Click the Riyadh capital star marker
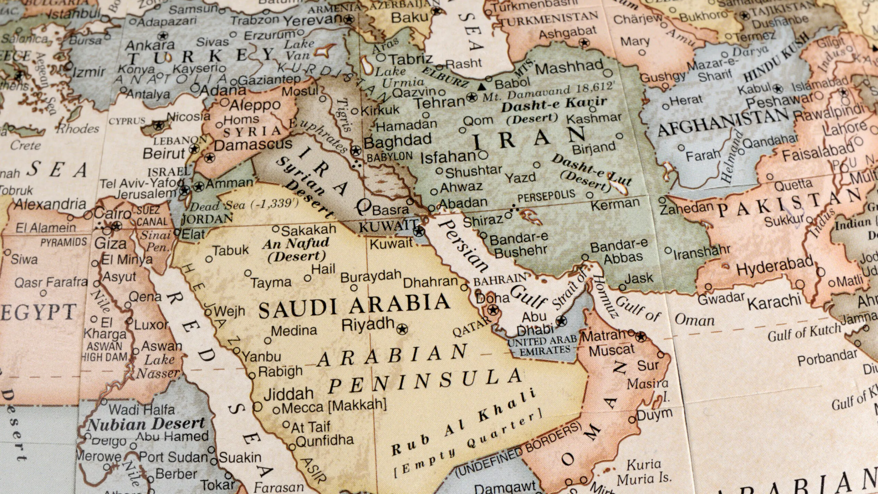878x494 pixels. point(402,329)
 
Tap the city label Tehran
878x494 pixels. point(440,102)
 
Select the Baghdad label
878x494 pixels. point(398,141)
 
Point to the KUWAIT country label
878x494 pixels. point(388,226)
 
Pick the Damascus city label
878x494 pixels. point(253,145)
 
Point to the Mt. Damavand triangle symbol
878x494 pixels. point(482,87)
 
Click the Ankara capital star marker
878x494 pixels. point(163,35)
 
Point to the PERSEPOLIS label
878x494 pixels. point(546,197)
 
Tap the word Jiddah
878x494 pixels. point(288,393)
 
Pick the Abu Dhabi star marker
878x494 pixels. point(561,321)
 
